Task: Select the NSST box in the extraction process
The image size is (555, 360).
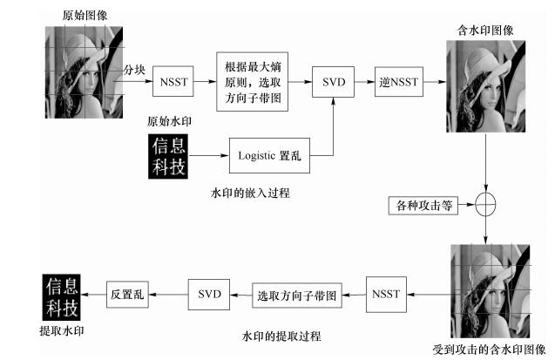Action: pyautogui.click(x=384, y=294)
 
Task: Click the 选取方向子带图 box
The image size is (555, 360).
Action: pyautogui.click(x=297, y=295)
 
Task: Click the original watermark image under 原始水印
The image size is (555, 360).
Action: pyautogui.click(x=169, y=155)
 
